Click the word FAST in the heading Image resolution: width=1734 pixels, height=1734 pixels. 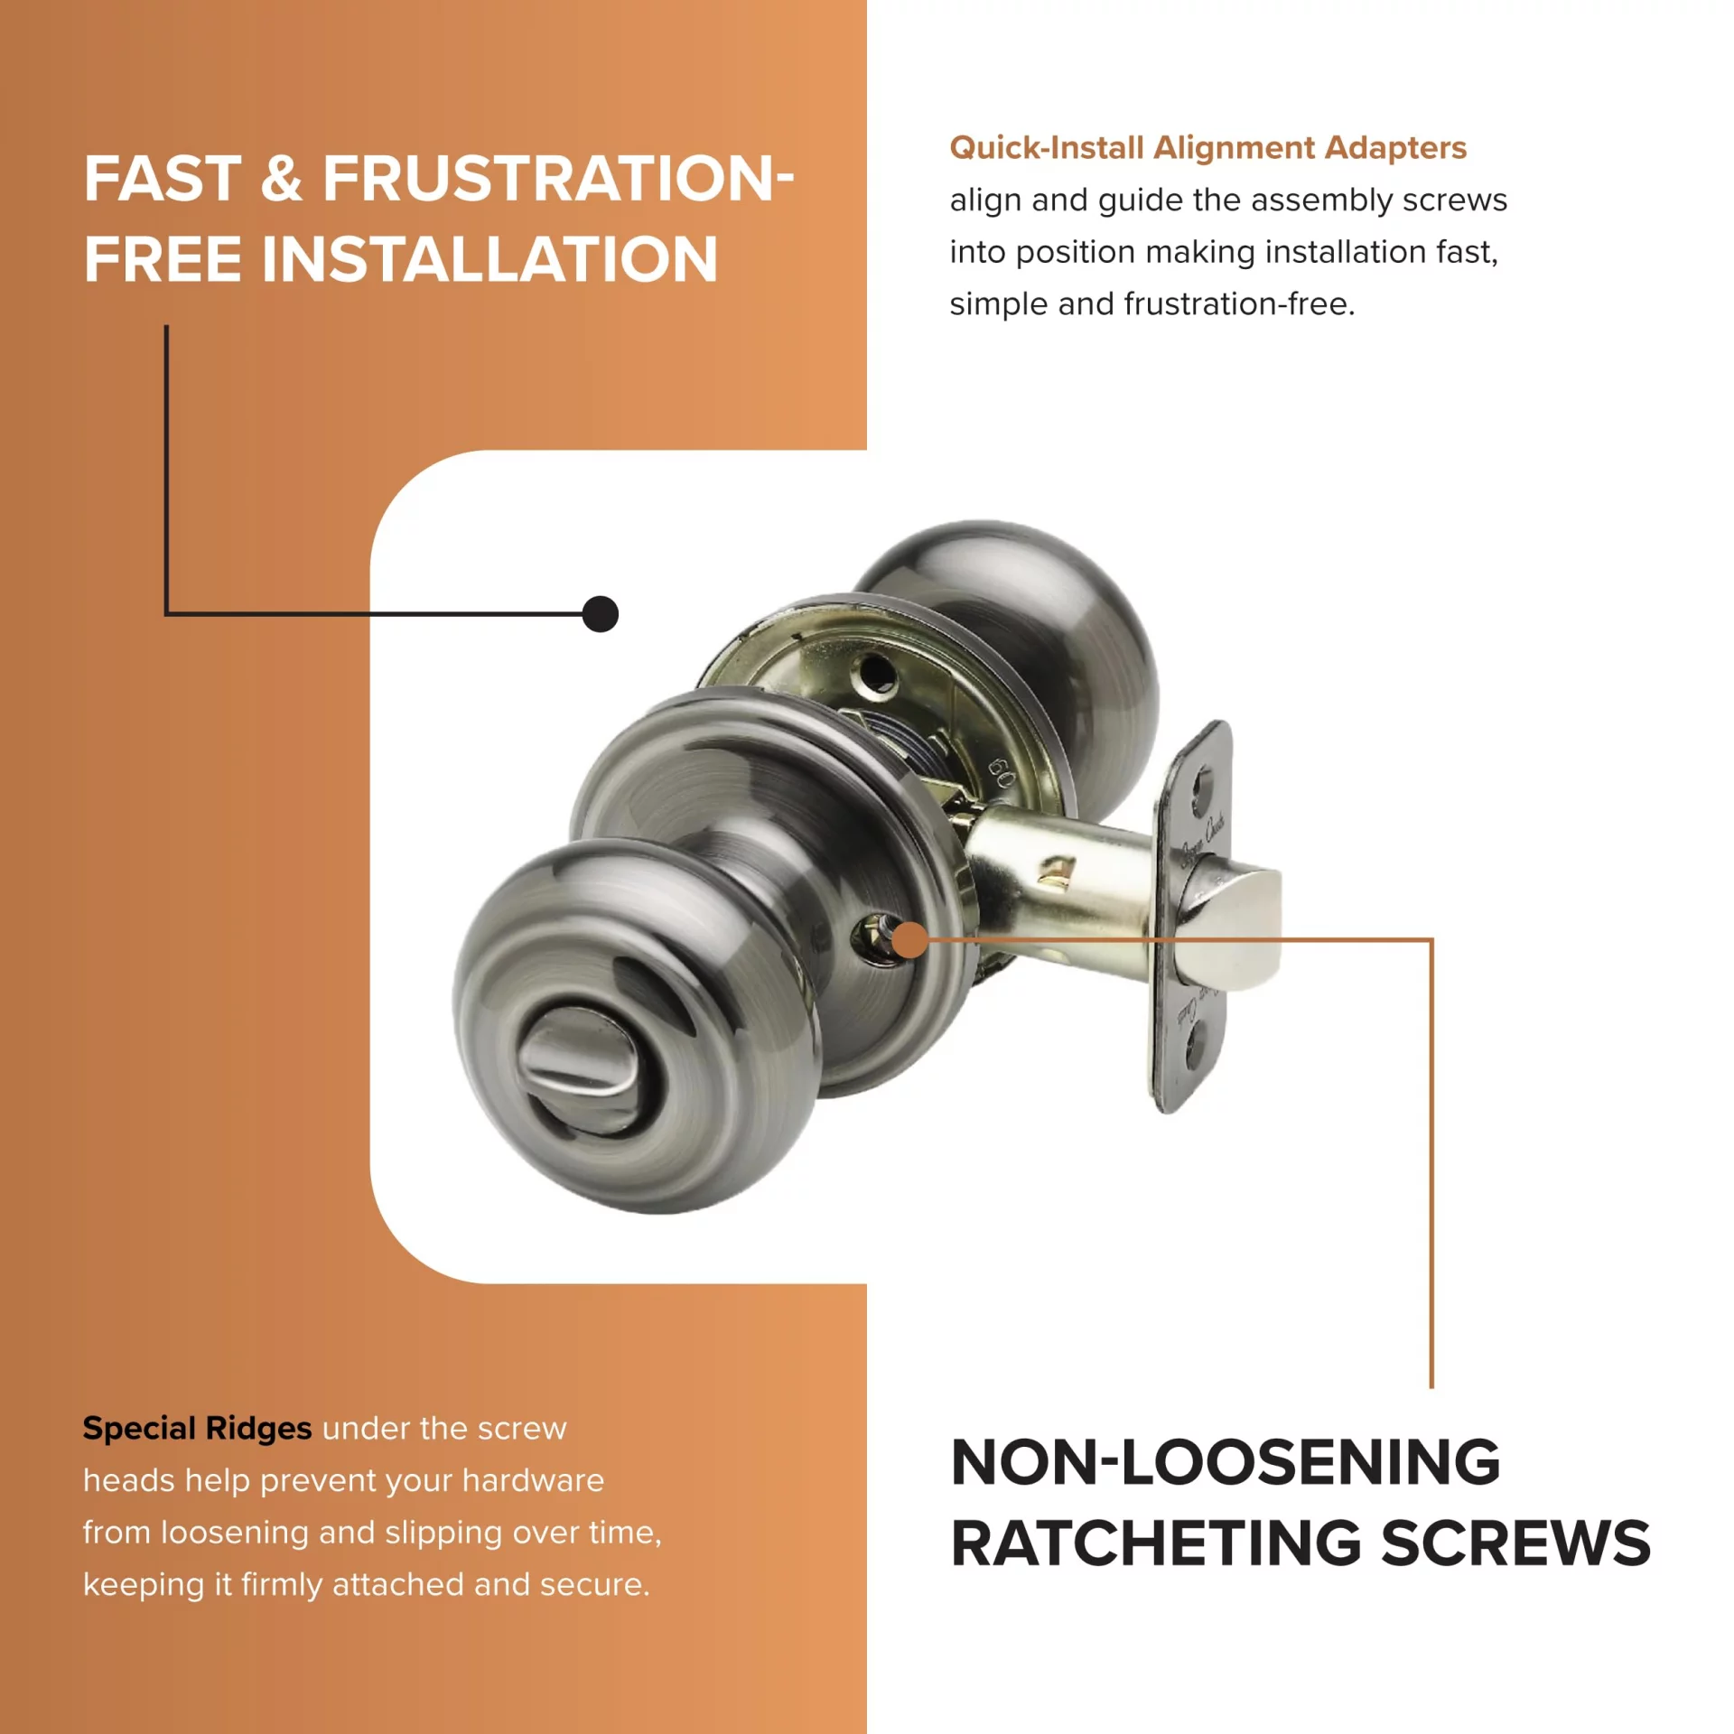coord(163,178)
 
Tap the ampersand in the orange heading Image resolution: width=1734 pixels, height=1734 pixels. coord(282,178)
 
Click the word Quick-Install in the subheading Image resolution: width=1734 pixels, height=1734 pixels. coord(1047,147)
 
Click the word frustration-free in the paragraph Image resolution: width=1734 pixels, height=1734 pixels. coord(1239,303)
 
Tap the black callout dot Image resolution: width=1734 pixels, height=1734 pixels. coord(601,614)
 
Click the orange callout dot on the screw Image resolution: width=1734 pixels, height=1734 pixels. coord(910,939)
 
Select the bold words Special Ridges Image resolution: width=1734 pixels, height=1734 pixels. coord(197,1430)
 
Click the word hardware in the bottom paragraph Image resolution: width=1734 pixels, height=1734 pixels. coord(533,1481)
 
